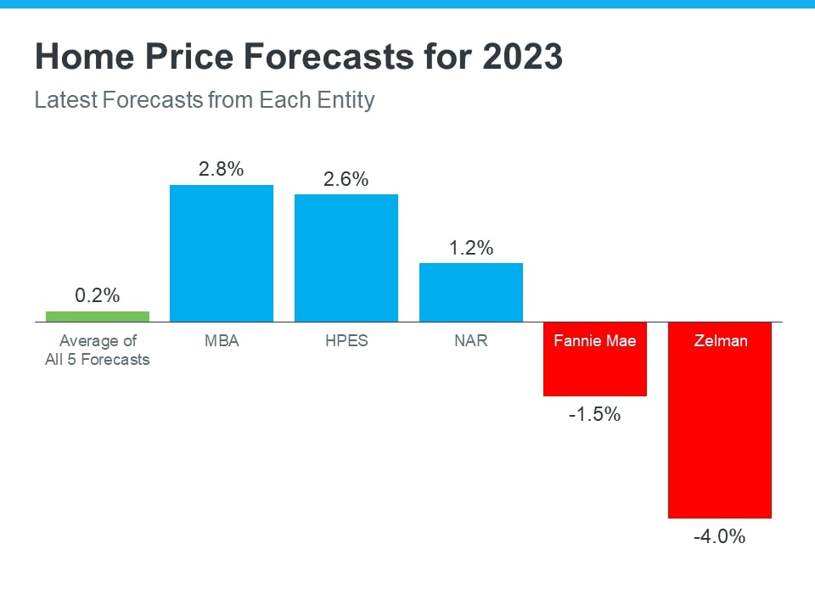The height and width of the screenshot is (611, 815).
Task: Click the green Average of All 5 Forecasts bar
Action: (97, 317)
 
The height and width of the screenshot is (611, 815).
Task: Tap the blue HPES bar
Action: (346, 258)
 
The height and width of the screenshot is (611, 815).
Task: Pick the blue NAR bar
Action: (470, 292)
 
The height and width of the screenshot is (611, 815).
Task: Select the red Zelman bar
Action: (720, 433)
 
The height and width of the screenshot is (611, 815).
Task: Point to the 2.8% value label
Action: (222, 169)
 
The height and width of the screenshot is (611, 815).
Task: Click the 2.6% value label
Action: (346, 179)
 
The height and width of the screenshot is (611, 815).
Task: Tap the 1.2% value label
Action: (470, 248)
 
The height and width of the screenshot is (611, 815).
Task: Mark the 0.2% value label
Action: (97, 296)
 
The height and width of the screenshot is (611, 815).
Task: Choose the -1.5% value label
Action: (595, 415)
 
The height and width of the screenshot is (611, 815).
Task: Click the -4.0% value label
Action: (720, 536)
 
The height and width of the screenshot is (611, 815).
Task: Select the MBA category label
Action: (222, 341)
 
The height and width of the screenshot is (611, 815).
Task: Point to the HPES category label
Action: (346, 341)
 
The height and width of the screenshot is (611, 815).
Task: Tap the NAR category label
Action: (470, 341)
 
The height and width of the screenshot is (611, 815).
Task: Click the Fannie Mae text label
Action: (595, 341)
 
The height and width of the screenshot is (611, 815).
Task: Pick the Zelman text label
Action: (720, 341)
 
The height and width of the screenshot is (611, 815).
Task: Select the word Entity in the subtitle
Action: (343, 100)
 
